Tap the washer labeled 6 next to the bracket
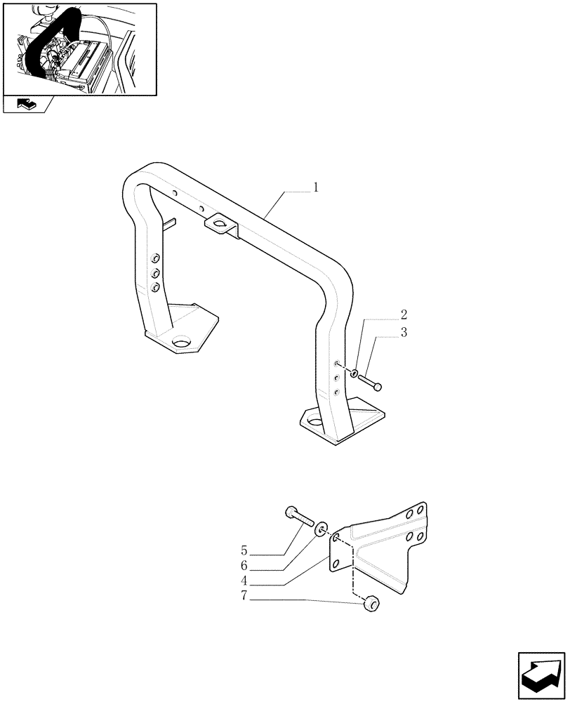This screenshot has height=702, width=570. (322, 528)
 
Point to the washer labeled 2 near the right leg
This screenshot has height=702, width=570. (354, 372)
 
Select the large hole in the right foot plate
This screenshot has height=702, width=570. (313, 423)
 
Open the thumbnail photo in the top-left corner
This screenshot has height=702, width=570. (79, 48)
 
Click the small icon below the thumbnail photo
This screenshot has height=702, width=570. (26, 105)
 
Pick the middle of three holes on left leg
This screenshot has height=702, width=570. (156, 274)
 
